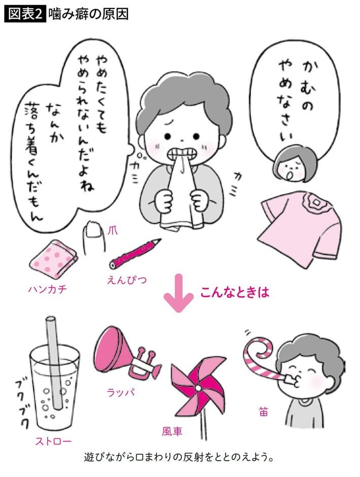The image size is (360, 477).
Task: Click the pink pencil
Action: (x=134, y=253)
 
